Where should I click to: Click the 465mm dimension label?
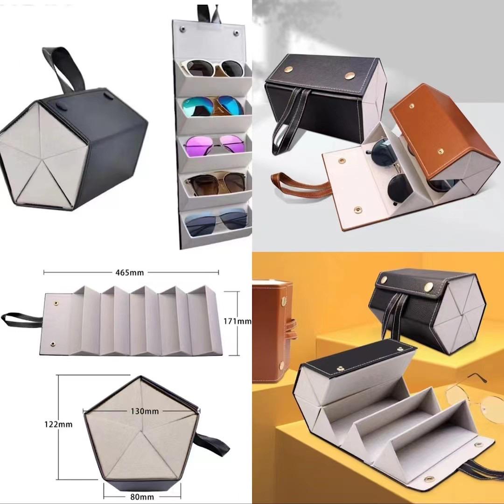[x=130, y=273]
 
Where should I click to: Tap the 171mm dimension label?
[x=238, y=321]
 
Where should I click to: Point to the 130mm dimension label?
[x=145, y=411]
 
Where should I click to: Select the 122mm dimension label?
[x=58, y=424]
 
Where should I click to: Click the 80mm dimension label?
[x=142, y=497]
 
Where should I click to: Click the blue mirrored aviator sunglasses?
[x=213, y=106]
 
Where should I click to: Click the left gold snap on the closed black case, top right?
[x=288, y=69]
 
